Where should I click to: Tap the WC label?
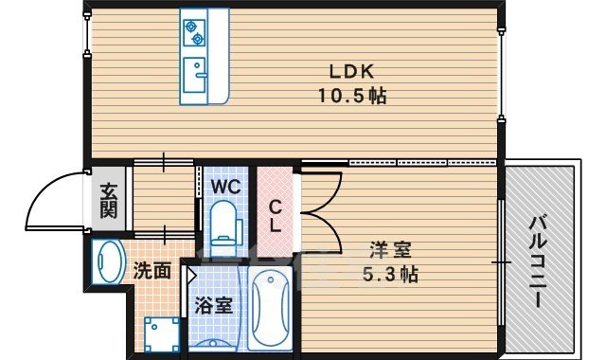click(x=223, y=187)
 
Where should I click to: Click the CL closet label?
click(x=276, y=216)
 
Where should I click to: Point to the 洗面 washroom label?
click(x=151, y=270)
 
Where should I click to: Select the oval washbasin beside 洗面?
click(x=109, y=264)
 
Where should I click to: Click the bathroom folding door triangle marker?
click(x=190, y=276)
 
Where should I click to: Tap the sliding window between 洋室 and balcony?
click(x=498, y=258)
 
